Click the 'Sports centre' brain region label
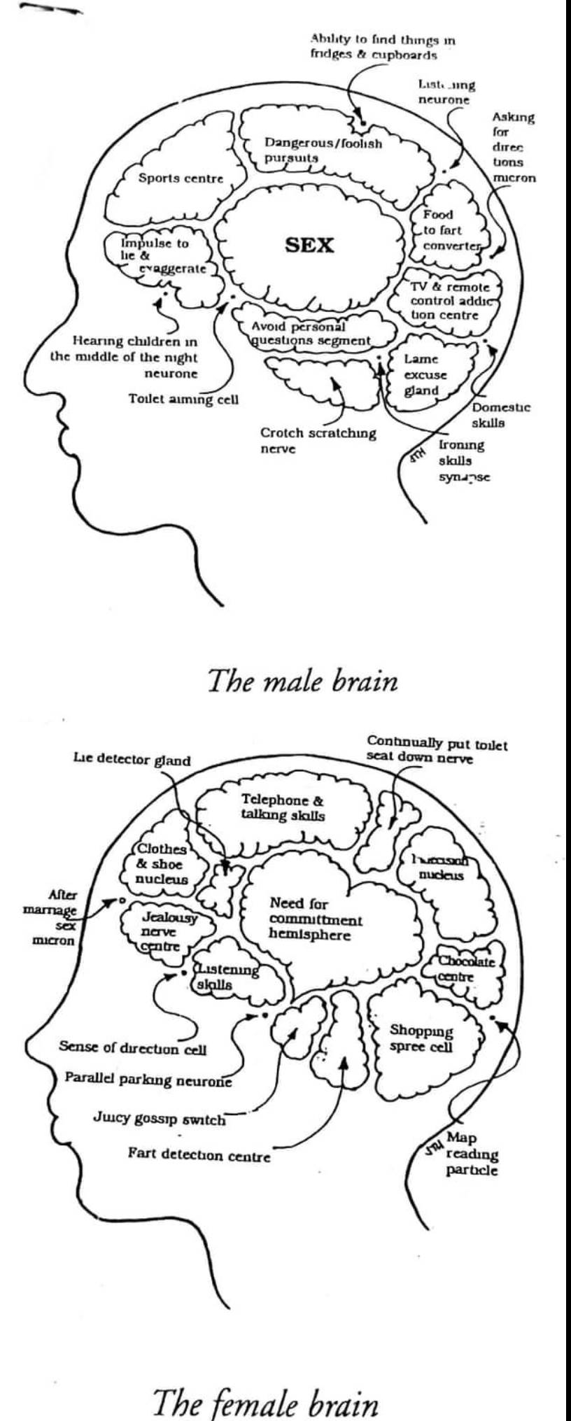[x=181, y=178]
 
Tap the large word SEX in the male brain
[x=309, y=246]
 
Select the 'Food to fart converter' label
[x=450, y=230]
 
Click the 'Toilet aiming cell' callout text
[x=183, y=400]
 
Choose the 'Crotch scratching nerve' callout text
[x=318, y=441]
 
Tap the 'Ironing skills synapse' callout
[x=463, y=461]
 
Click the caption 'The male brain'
[x=302, y=681]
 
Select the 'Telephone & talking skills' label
[x=283, y=807]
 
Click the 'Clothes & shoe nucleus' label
[x=162, y=864]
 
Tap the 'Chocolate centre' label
[x=466, y=968]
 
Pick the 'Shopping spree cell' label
[x=421, y=1039]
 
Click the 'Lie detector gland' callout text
[x=132, y=761]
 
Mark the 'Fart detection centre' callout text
[x=199, y=1155]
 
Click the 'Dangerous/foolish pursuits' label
[x=323, y=150]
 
